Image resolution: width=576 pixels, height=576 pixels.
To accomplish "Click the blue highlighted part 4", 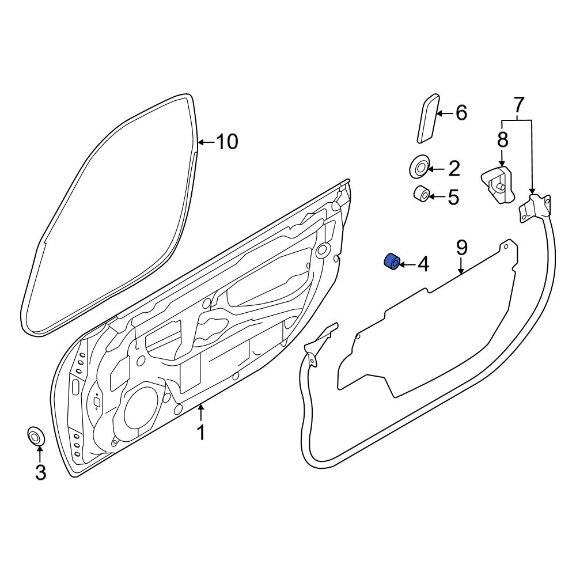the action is [392, 262].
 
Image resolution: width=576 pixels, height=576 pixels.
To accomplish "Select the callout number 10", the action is [226, 142].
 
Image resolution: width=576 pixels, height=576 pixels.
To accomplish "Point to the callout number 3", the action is [40, 472].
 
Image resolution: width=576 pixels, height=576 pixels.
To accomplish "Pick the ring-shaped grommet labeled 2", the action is [419, 166].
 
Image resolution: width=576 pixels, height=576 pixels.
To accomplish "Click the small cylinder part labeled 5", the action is [422, 194].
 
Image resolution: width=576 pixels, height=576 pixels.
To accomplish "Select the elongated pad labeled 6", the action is [427, 118].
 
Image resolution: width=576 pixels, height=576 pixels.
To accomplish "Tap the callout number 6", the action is [461, 112].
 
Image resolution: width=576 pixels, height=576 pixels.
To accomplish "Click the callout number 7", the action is [518, 105].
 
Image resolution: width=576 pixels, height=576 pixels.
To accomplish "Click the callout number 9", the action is [462, 248].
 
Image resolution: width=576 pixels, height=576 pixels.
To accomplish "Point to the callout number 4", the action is [423, 264].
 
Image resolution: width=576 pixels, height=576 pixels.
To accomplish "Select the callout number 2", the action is [454, 169].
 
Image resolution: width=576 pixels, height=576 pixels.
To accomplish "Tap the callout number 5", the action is [454, 197].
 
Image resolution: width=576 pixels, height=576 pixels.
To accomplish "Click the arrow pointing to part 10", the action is [206, 142].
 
